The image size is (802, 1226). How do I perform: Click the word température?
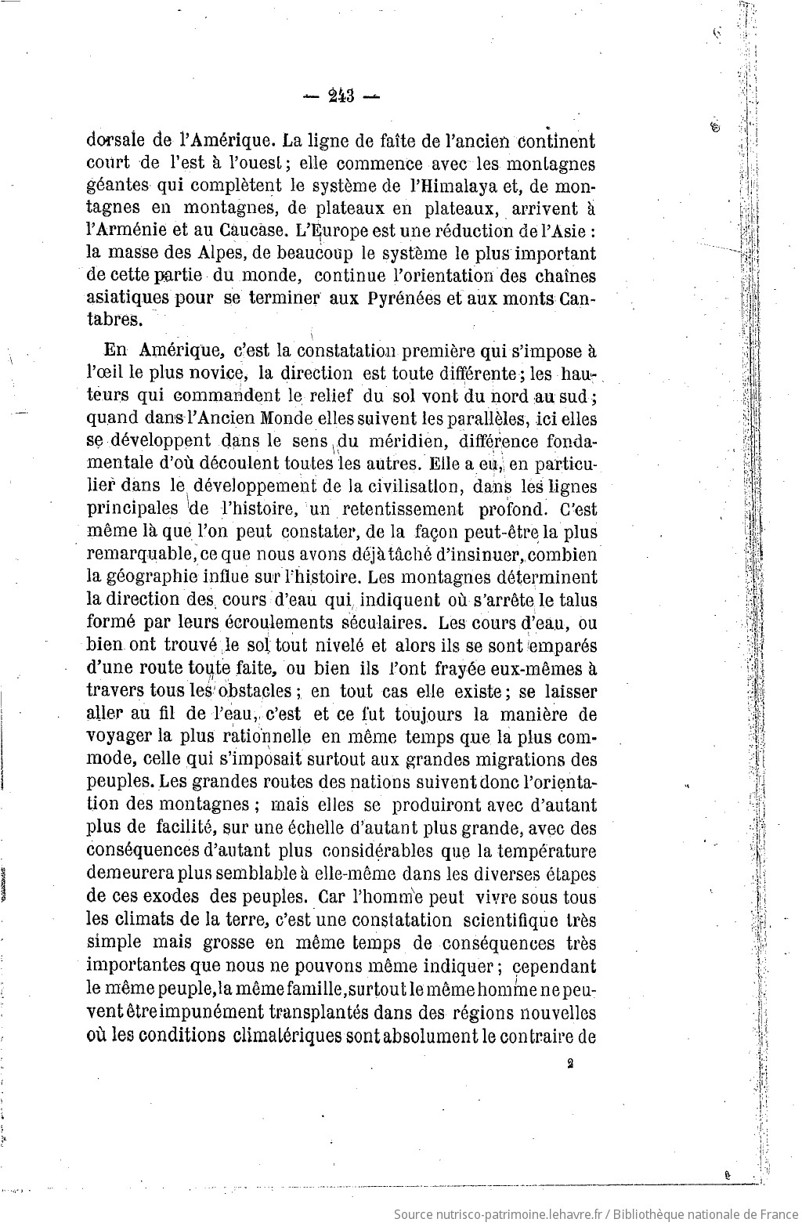pos(540,851)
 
